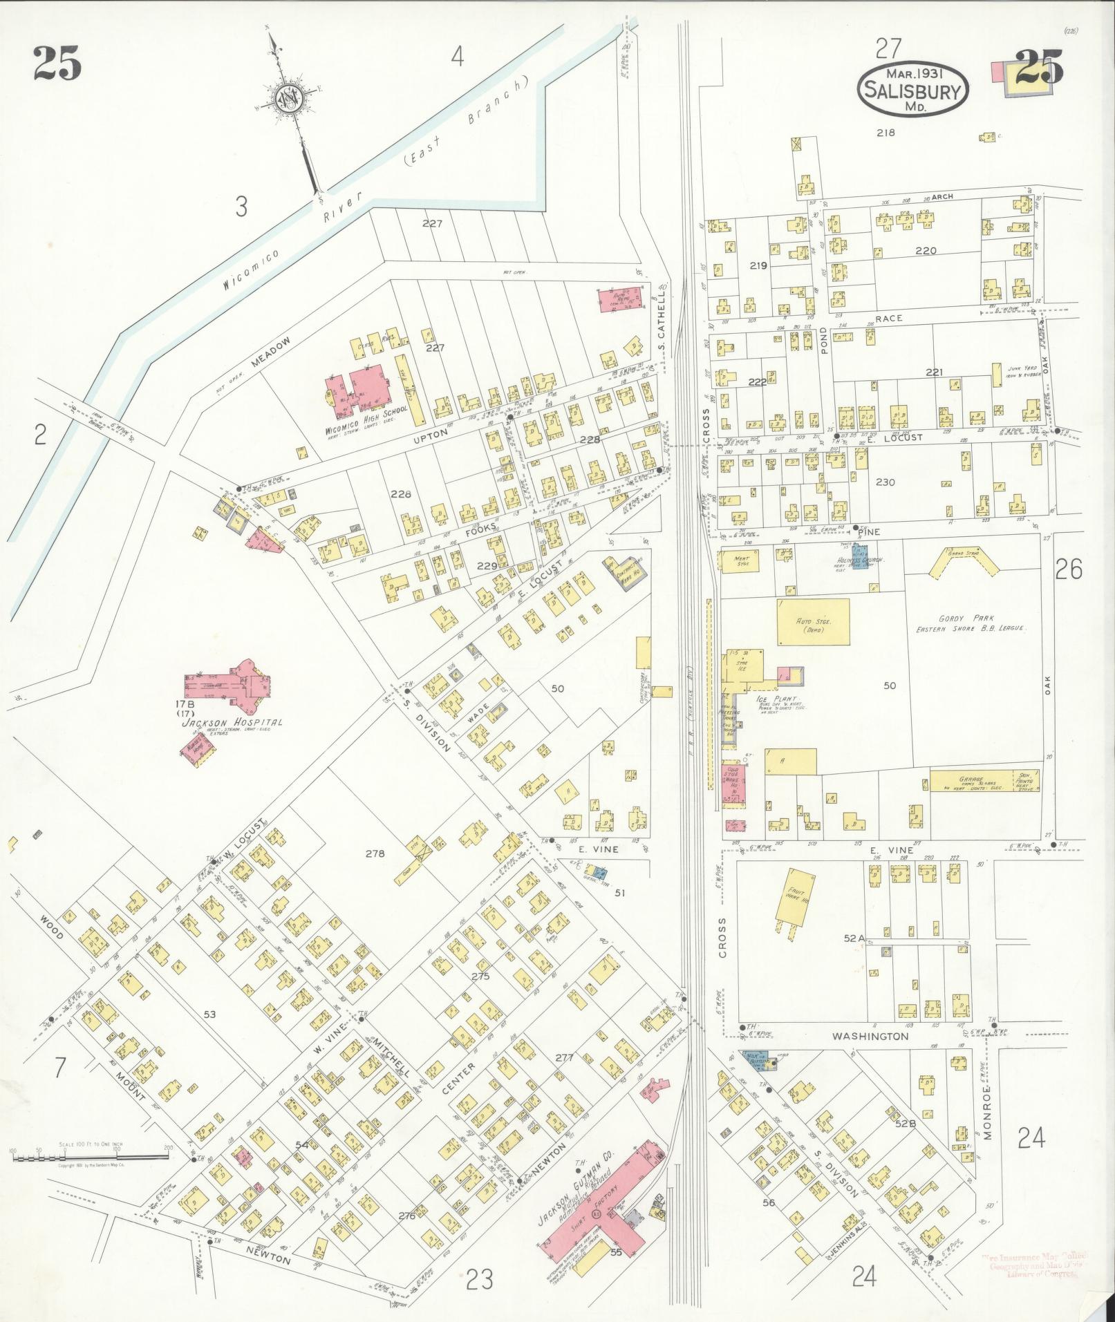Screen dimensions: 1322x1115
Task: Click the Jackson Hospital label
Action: tap(232, 723)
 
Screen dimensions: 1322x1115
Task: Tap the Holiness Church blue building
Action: tap(860, 554)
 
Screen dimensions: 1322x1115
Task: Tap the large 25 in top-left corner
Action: tap(57, 64)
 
